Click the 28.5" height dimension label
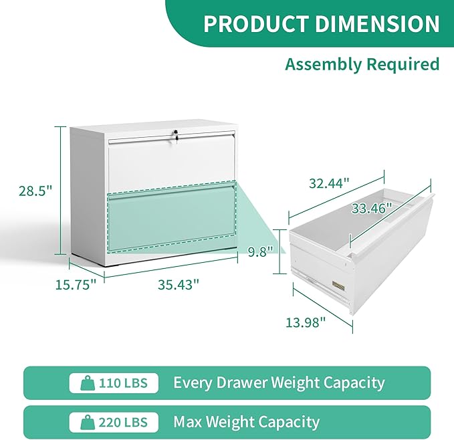coord(35,191)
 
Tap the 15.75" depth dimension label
coord(75,284)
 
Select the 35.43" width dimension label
coord(179,284)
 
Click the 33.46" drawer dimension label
coord(372,208)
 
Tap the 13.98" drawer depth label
coord(306,323)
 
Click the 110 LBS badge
coord(114,383)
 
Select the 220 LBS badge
coord(114,423)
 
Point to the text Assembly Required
coord(362,64)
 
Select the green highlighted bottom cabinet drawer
coord(172,218)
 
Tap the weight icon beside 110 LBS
coord(87,383)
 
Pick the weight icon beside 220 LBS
coord(87,423)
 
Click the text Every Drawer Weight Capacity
coord(279,383)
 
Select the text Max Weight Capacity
coord(246,423)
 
